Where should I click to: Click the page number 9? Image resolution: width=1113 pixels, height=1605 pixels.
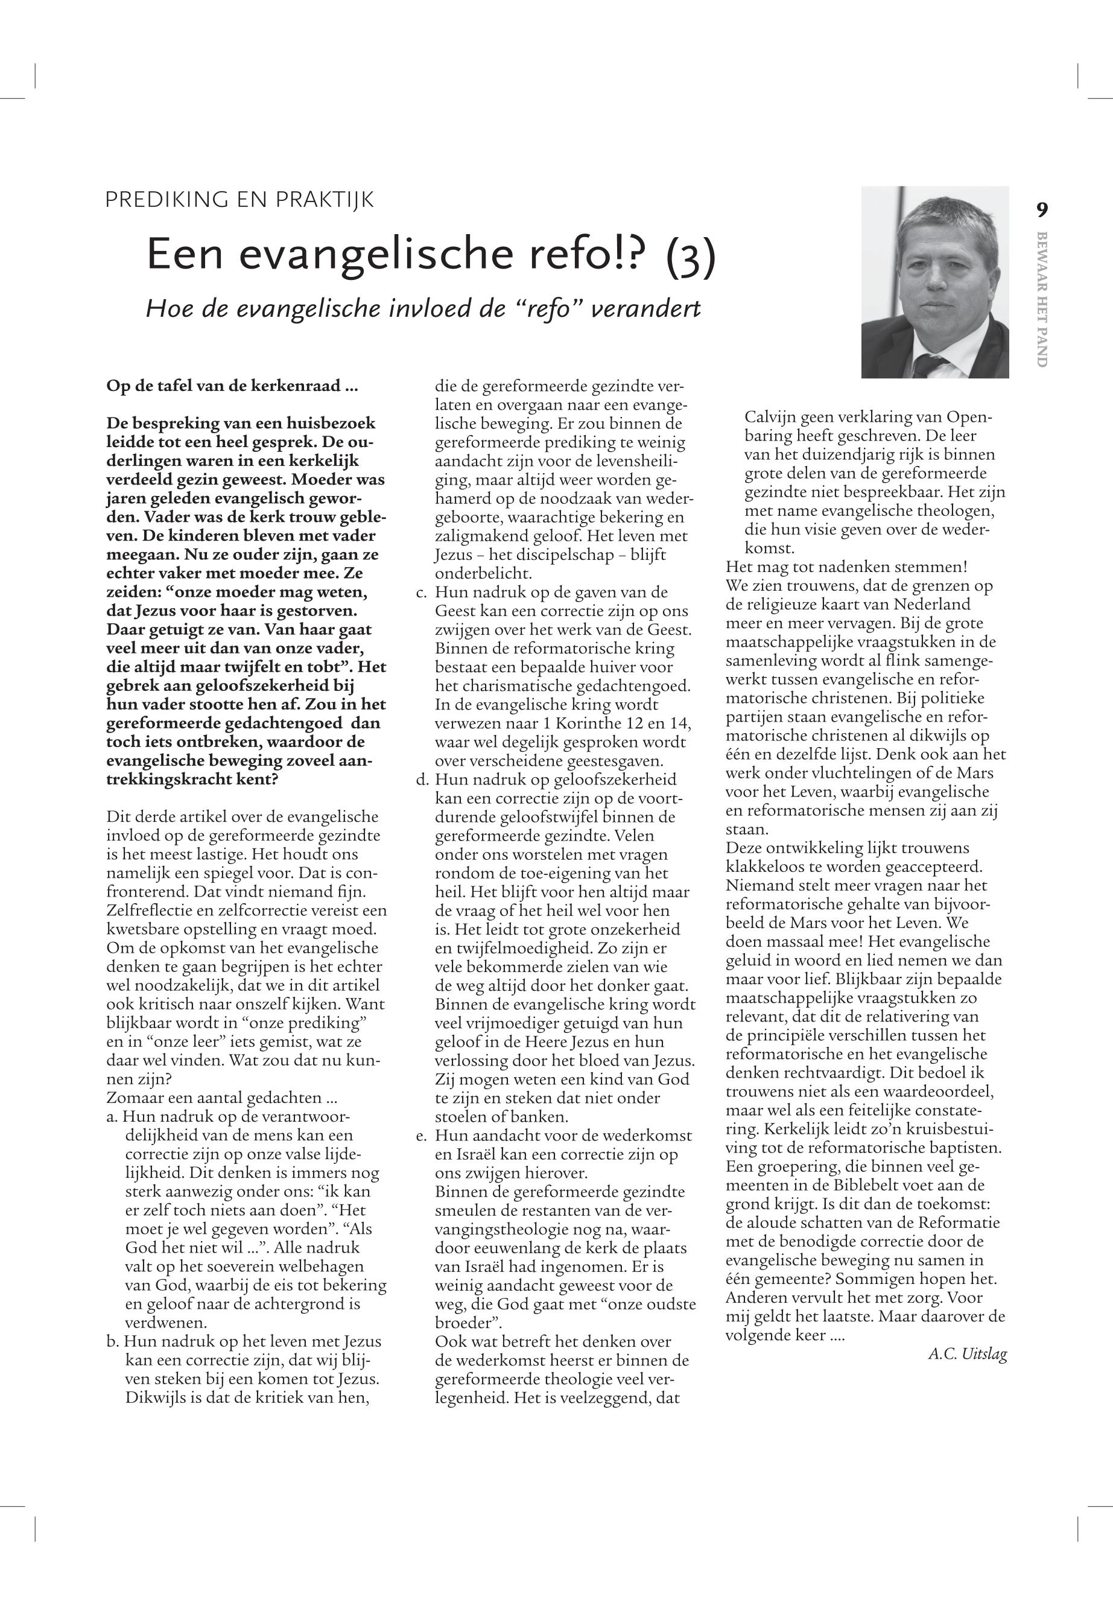pyautogui.click(x=1042, y=209)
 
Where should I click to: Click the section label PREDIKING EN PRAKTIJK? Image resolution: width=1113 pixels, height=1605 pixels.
pyautogui.click(x=239, y=200)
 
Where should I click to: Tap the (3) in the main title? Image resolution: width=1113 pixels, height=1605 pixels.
pyautogui.click(x=690, y=256)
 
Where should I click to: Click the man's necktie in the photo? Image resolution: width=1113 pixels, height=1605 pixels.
pyautogui.click(x=928, y=366)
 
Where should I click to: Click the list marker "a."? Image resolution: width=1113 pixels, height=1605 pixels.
pyautogui.click(x=112, y=1117)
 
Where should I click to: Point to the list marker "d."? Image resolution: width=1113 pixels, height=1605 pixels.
pyautogui.click(x=420, y=780)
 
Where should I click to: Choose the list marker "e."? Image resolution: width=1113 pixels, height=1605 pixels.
pyautogui.click(x=420, y=1136)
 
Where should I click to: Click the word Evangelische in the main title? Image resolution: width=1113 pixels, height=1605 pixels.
pyautogui.click(x=380, y=256)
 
